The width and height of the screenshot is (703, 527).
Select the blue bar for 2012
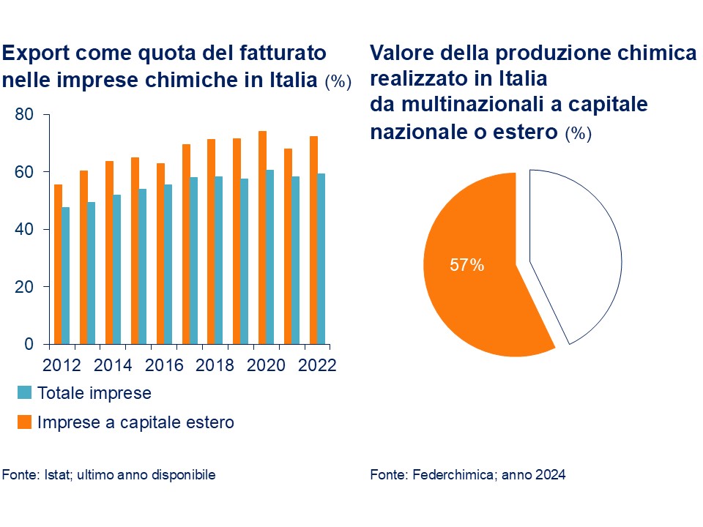(66, 276)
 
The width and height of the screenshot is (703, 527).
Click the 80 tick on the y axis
(25, 115)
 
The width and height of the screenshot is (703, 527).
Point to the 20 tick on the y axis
(25, 287)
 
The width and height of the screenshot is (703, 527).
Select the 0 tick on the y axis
(29, 344)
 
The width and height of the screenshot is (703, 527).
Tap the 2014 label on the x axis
(109, 365)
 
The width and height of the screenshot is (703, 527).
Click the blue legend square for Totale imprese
(25, 393)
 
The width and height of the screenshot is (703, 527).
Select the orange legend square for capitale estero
(25, 422)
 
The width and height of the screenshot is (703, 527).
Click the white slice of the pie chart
(579, 256)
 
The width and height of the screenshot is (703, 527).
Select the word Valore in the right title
(400, 53)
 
